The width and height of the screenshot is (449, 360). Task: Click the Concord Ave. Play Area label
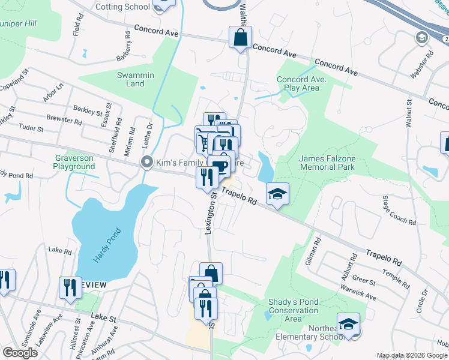(298, 83)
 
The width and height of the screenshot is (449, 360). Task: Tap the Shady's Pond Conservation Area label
(294, 310)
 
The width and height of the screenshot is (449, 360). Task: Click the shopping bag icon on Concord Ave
(240, 37)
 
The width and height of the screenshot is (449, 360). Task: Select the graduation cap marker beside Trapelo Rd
(278, 194)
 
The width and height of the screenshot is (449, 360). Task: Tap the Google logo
(20, 353)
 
